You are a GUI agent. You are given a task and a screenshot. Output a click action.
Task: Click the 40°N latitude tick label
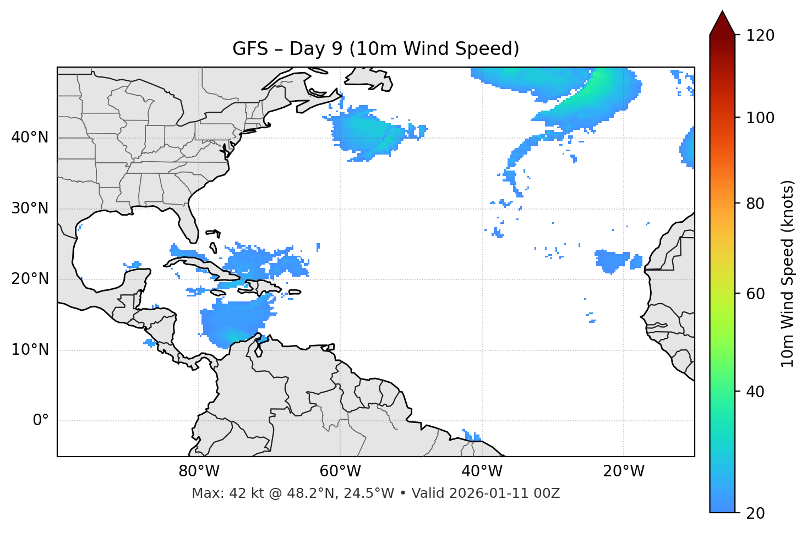point(30,138)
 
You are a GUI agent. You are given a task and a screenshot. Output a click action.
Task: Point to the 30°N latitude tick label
point(30,208)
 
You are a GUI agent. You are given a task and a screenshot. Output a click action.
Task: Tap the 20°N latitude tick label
point(30,279)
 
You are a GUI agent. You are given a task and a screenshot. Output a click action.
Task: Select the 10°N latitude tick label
point(30,350)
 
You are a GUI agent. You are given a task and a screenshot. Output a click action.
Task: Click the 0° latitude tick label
point(41,421)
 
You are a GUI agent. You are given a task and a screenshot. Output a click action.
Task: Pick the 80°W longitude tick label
point(199,471)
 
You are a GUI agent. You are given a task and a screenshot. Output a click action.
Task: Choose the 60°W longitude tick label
point(340,471)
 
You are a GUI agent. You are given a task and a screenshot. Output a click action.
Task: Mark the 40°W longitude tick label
point(482,471)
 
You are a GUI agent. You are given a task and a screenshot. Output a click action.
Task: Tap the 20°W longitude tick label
point(624,471)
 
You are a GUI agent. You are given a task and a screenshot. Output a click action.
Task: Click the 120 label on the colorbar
point(760,35)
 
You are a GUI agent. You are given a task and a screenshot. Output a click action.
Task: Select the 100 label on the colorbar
point(760,118)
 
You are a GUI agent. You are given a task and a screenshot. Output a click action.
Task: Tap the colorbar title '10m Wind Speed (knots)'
point(788,274)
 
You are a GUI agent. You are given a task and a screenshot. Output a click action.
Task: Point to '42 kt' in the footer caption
point(244,493)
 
